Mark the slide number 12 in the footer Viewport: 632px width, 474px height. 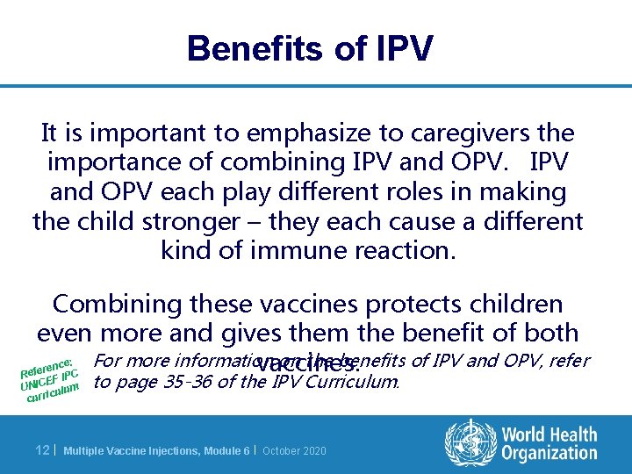pyautogui.click(x=41, y=450)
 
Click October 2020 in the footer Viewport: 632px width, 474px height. pyautogui.click(x=294, y=451)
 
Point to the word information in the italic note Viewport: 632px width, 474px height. pyautogui.click(x=218, y=360)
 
